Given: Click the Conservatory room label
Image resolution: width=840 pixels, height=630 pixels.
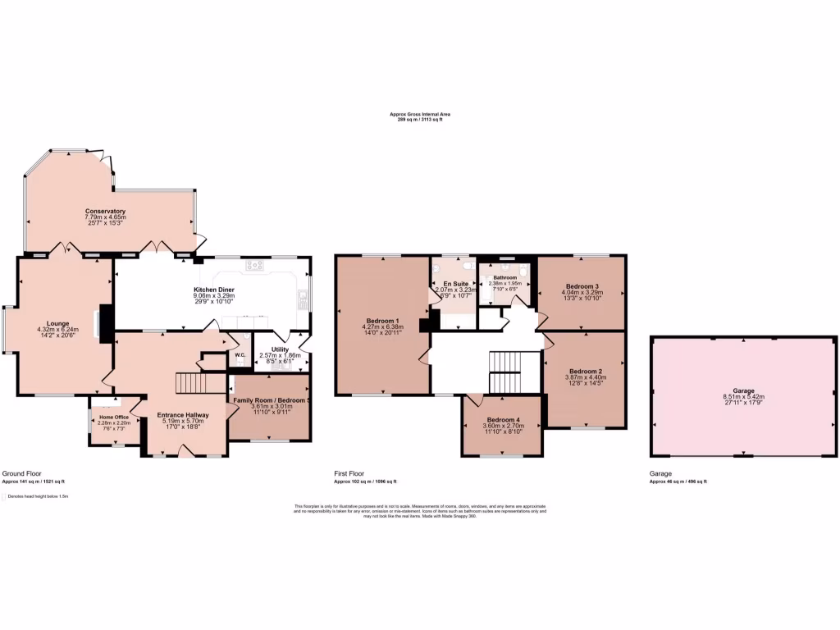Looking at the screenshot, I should click(x=105, y=211).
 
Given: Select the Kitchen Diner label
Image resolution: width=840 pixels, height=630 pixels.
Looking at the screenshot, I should click(x=214, y=290).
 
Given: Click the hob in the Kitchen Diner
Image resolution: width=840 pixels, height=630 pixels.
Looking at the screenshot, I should click(x=254, y=265).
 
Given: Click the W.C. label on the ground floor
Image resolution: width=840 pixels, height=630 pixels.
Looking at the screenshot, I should click(x=240, y=355).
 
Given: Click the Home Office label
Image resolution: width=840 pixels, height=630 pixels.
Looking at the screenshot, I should click(x=115, y=417).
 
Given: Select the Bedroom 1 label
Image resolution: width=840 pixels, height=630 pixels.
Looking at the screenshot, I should click(x=382, y=320).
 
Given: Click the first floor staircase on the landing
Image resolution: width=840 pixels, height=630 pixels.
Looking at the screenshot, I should click(x=514, y=372).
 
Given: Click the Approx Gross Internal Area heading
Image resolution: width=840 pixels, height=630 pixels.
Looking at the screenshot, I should click(x=419, y=114).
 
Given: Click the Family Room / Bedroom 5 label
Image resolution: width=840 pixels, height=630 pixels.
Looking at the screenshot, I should click(x=269, y=399).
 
